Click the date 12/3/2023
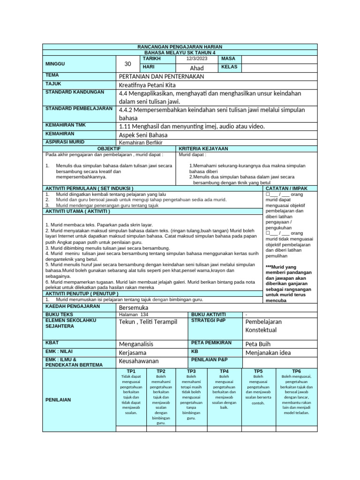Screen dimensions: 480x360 pyautogui.click(x=196, y=59)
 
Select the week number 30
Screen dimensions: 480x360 pyautogui.click(x=128, y=64)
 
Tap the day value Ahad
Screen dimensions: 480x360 pyautogui.click(x=196, y=68)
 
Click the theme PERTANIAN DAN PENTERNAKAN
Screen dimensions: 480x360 pyautogui.click(x=162, y=76)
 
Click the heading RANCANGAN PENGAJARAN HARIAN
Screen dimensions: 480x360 pyautogui.click(x=180, y=47)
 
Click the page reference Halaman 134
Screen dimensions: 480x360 pyautogui.click(x=134, y=315)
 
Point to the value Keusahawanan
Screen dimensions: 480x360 pyautogui.click(x=139, y=361)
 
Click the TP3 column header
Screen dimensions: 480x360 pyautogui.click(x=191, y=371)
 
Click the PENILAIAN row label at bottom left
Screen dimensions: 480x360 pyautogui.click(x=58, y=400)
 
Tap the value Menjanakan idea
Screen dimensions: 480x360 pyautogui.click(x=269, y=352)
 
